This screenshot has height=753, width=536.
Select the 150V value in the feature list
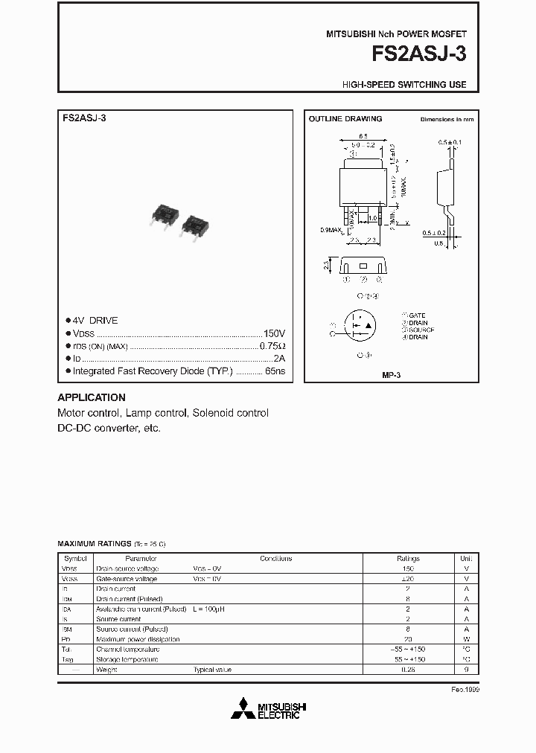[x=273, y=333]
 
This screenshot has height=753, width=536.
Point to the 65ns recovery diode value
[x=275, y=371]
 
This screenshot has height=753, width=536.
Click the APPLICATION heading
[x=92, y=397]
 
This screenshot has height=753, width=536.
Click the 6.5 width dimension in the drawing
[x=363, y=136]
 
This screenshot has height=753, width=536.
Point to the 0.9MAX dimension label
[x=330, y=230]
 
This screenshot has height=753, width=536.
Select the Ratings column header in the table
[x=408, y=558]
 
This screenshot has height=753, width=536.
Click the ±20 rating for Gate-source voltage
[x=408, y=578]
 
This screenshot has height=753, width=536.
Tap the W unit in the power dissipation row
[x=466, y=639]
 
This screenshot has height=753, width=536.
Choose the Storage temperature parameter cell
[x=127, y=659]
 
